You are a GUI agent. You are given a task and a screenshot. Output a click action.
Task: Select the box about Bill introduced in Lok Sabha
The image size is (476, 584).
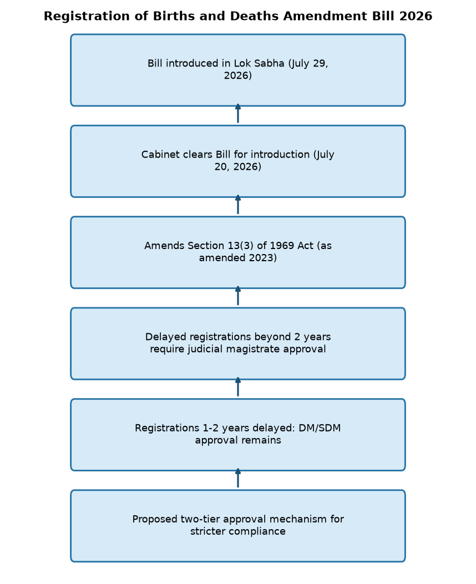[238, 70]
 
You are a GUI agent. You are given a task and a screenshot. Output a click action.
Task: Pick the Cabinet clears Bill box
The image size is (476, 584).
[238, 161]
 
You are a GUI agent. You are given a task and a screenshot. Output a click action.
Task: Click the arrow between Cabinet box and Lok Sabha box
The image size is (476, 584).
[238, 113]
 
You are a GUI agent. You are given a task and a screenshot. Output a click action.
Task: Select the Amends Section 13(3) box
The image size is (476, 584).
[238, 252]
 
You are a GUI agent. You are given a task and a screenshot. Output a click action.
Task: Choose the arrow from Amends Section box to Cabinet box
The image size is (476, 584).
[238, 205]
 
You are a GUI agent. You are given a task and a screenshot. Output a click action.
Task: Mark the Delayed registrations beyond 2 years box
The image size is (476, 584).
[238, 344]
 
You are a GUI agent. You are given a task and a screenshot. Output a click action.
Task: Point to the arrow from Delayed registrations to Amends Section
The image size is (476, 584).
[238, 296]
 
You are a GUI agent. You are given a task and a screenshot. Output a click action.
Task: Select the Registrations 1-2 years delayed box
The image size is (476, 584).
[238, 435]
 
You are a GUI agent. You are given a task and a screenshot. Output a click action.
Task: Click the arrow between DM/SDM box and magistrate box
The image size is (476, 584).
[238, 387]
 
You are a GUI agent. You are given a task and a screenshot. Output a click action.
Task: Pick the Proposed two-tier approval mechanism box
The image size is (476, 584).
[238, 526]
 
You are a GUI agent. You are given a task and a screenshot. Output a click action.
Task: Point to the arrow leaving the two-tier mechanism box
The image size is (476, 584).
[238, 478]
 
